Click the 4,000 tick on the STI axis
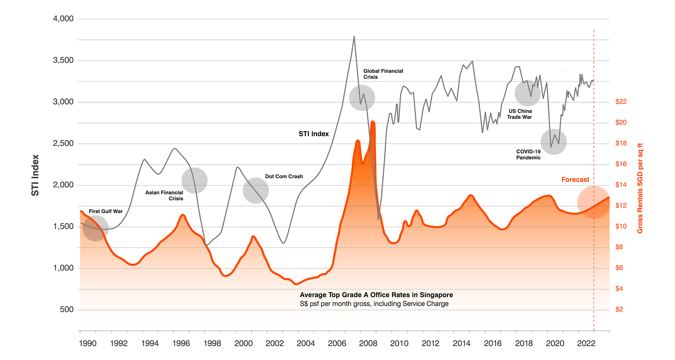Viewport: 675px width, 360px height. point(63,19)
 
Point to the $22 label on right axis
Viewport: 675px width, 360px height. point(621,102)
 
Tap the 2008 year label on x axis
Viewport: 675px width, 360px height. point(368,344)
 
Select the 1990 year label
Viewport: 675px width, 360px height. point(87,344)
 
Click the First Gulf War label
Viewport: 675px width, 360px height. point(106,212)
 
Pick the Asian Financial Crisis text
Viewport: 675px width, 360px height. point(164,195)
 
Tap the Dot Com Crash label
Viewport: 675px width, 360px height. point(284,176)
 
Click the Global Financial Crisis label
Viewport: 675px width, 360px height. point(383,74)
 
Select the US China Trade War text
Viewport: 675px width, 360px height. point(520,114)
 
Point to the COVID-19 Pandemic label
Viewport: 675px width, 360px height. point(528,155)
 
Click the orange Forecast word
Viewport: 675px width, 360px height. point(575,180)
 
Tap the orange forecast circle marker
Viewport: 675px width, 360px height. point(593,203)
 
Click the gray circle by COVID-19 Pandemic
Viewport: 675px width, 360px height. point(553,142)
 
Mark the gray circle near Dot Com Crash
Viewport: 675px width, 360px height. point(256,191)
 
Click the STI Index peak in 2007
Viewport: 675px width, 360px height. point(354,37)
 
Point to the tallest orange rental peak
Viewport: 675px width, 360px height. point(373,122)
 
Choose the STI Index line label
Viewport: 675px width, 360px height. point(313,134)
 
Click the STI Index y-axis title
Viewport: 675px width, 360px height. point(35,175)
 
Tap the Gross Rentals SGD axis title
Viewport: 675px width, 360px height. point(640,188)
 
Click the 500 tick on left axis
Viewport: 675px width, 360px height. point(67,310)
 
